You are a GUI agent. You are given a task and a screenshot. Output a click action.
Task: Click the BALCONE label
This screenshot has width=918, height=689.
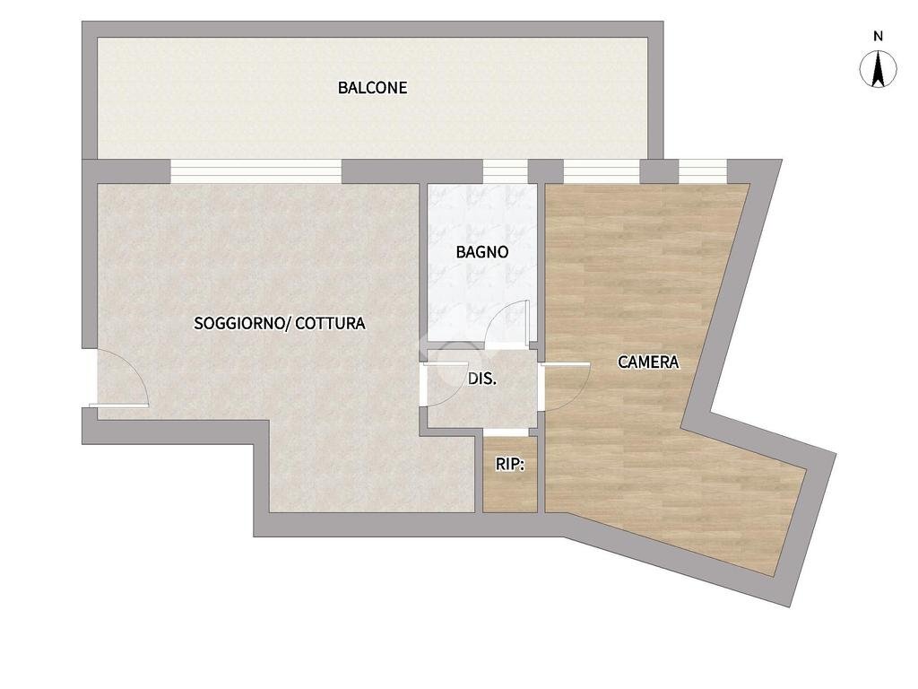tap(372, 88)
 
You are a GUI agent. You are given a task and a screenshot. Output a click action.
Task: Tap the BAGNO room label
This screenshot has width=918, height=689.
tap(481, 252)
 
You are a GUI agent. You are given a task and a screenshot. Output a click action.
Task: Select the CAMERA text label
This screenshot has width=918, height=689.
tap(648, 362)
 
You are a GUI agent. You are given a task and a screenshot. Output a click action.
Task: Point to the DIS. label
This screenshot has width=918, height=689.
tap(482, 379)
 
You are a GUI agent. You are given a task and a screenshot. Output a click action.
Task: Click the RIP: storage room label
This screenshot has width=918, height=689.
tap(510, 465)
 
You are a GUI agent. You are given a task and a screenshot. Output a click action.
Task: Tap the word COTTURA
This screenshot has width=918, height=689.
tap(330, 323)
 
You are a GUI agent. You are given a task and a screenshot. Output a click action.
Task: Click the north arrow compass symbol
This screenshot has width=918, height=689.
tap(878, 69)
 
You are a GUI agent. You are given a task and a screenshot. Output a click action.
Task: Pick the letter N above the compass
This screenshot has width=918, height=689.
tap(878, 36)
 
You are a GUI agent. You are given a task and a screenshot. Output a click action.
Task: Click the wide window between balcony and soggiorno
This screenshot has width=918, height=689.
tap(255, 171)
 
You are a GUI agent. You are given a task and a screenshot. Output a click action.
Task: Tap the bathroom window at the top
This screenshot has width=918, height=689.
tap(506, 171)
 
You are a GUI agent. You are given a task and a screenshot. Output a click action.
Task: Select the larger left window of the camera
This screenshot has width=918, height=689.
tap(602, 171)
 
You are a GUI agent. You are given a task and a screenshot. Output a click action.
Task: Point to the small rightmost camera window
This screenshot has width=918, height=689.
tap(703, 171)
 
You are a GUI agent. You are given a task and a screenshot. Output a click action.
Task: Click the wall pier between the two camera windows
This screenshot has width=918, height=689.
tap(659, 171)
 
